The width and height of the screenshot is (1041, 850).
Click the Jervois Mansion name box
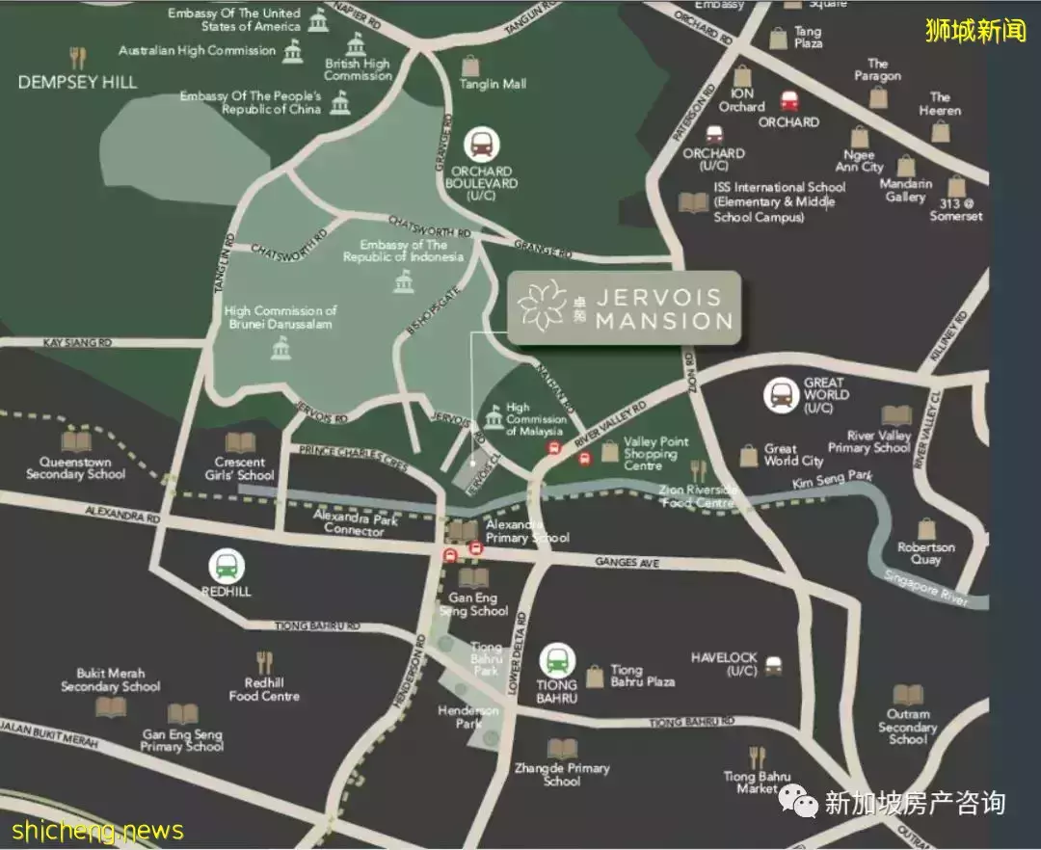[624, 307]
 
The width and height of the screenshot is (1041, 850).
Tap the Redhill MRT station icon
[227, 567]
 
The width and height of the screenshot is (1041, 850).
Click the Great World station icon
[781, 394]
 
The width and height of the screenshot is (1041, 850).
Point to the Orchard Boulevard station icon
[481, 146]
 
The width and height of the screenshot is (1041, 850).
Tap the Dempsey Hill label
[77, 82]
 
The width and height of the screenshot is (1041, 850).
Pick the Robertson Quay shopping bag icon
[926, 529]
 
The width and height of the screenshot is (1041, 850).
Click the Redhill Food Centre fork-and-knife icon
[265, 662]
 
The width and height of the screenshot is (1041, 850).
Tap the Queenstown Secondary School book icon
[75, 442]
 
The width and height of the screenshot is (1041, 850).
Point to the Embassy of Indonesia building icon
[403, 282]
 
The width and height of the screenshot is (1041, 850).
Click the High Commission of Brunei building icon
[280, 349]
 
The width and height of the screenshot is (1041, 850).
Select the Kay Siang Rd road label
[77, 342]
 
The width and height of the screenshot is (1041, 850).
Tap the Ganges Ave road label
[627, 562]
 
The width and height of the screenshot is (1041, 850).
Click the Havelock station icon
[773, 666]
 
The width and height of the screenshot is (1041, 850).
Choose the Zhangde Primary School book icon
[561, 749]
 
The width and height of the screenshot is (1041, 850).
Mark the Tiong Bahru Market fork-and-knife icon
[757, 757]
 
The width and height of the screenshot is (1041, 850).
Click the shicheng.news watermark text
[96, 830]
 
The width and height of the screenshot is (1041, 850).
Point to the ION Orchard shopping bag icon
[742, 75]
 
